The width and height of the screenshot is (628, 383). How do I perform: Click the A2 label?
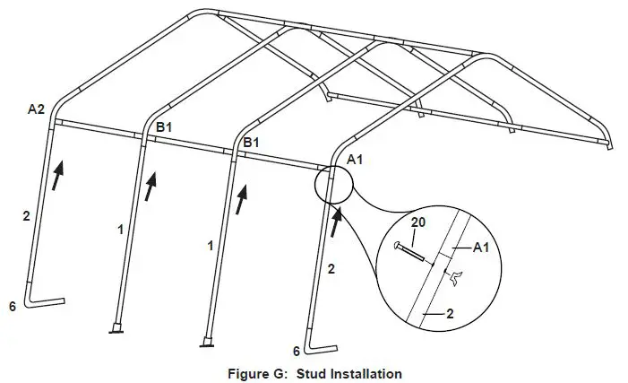pyautogui.click(x=36, y=109)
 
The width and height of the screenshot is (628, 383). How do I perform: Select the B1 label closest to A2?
pyautogui.click(x=164, y=128)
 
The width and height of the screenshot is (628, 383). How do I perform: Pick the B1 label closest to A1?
pyautogui.click(x=253, y=143)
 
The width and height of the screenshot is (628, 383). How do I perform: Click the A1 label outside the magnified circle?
pyautogui.click(x=355, y=159)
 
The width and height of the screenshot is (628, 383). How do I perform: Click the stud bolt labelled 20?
pyautogui.click(x=413, y=251)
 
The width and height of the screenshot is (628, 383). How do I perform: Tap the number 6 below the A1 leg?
pyautogui.click(x=297, y=350)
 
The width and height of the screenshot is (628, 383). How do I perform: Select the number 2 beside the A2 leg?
pyautogui.click(x=26, y=216)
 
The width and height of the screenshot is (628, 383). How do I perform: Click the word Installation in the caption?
pyautogui.click(x=368, y=372)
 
